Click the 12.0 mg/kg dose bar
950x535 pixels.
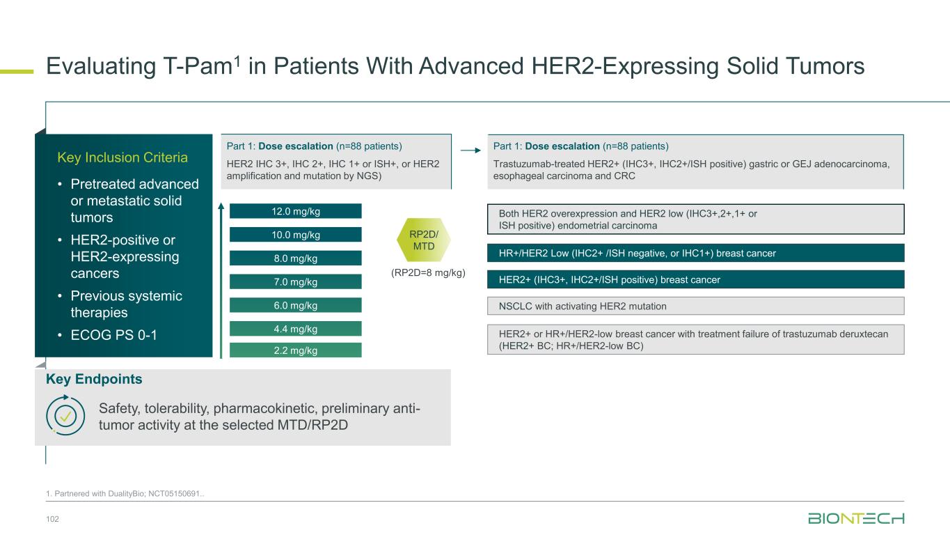pos(296,211)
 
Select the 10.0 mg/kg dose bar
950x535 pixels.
pos(296,234)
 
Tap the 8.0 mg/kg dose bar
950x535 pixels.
pos(296,258)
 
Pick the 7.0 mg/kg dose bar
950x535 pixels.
pos(296,281)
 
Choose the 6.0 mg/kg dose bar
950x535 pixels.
pos(296,305)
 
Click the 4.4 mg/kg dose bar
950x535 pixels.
pos(296,329)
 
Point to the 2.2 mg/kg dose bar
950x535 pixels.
pos(296,350)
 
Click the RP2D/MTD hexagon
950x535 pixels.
pos(424,240)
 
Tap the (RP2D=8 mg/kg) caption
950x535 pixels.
pos(428,272)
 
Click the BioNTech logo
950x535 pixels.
pos(856,518)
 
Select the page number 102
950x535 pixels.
pos(53,519)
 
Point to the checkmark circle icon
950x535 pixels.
pos(65,416)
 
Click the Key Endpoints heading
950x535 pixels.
pos(94,379)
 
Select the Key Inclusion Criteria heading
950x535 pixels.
pos(122,157)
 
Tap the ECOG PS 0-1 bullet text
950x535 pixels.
pos(113,335)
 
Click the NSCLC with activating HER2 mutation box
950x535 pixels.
pos(695,306)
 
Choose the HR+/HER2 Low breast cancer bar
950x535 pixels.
pos(695,253)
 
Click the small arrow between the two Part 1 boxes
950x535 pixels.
pos(470,150)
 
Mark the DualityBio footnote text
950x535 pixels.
pos(125,493)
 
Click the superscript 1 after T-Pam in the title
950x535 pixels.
pos(237,61)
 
